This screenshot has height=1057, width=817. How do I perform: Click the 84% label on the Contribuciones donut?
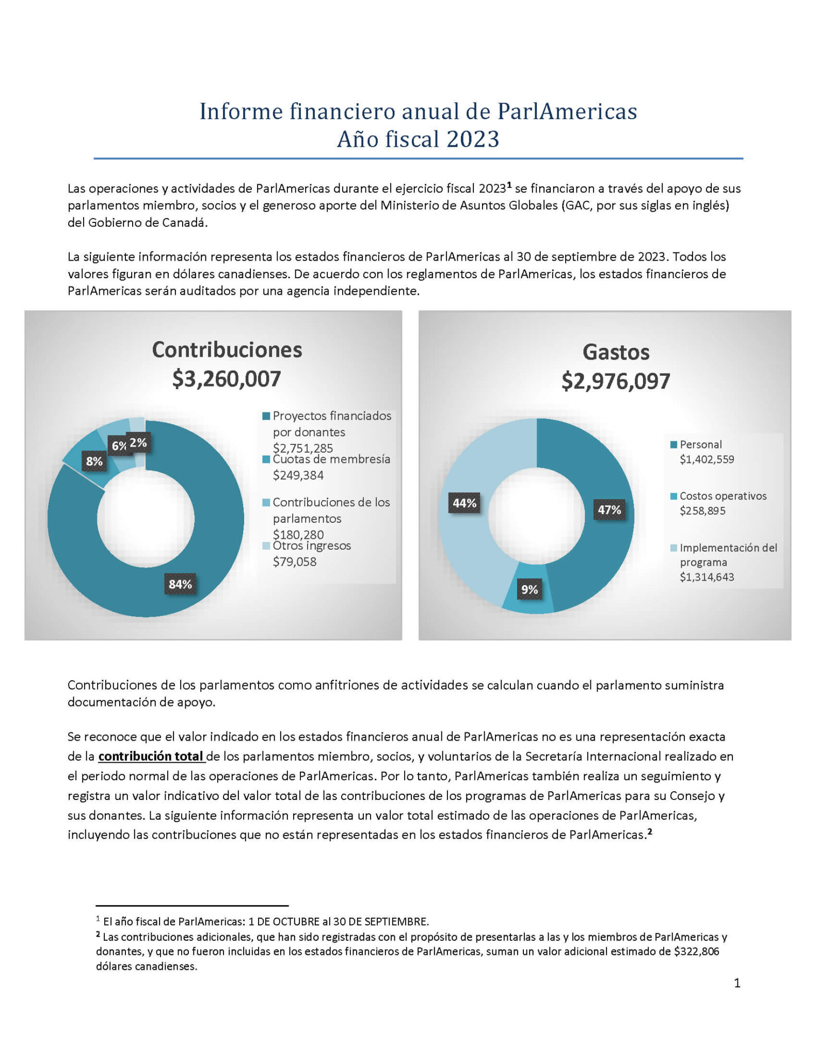pos(180,584)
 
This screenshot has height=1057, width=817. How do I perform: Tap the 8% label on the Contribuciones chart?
pos(94,461)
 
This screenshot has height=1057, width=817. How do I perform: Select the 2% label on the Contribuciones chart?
pos(138,442)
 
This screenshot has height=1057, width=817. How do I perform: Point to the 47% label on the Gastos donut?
pos(609,510)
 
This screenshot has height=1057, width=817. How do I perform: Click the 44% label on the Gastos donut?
pos(464,503)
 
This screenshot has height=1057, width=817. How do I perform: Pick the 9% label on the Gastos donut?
pos(530,589)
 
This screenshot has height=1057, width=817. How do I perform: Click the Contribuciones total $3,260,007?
pos(227,379)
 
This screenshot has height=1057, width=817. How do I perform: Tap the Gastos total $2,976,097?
pos(616,381)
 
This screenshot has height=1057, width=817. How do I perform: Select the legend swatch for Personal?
pos(674,444)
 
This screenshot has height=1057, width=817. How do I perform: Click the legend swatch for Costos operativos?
pos(674,496)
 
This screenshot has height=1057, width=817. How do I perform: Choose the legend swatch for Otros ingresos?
pos(266,546)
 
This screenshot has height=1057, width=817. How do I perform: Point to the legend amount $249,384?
pos(298,475)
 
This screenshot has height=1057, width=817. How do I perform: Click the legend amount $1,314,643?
pos(707,577)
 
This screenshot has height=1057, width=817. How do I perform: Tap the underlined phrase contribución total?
pos(151,756)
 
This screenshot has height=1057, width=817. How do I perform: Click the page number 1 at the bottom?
pos(737,983)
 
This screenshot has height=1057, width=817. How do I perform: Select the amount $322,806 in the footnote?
pos(696,951)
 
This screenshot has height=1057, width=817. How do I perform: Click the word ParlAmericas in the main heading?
pos(567,111)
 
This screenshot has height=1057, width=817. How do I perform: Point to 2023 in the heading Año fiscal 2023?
pos(473,139)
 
